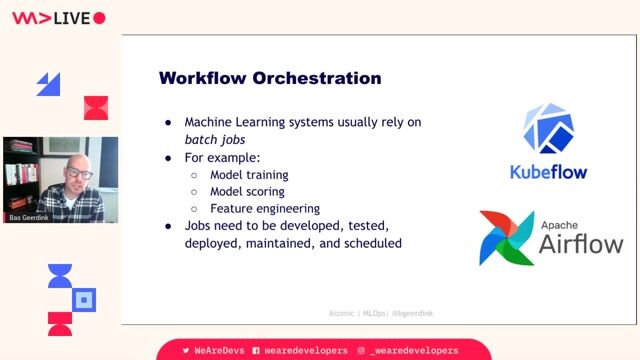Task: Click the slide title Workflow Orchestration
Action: pos(270,78)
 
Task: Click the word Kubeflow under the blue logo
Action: pos(549,171)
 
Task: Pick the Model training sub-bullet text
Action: pos(248,173)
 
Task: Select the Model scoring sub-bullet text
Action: pos(247,191)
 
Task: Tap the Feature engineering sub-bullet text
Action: pos(265,208)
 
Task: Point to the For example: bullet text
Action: pos(222,156)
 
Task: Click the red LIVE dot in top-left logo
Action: pos(98,18)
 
